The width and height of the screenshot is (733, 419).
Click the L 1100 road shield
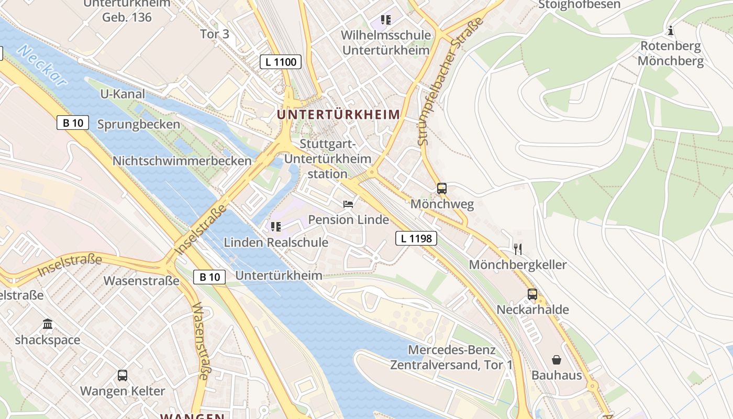pyautogui.click(x=281, y=62)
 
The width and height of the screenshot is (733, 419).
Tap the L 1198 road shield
pyautogui.click(x=416, y=239)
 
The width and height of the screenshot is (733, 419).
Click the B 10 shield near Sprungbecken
pyautogui.click(x=73, y=123)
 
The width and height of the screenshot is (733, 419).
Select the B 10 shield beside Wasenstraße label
pyautogui.click(x=209, y=277)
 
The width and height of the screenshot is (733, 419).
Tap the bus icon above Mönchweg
pyautogui.click(x=442, y=189)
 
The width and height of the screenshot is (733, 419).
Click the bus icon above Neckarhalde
pyautogui.click(x=532, y=294)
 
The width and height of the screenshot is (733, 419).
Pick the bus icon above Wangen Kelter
pyautogui.click(x=123, y=376)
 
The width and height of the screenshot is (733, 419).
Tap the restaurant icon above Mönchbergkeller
pyautogui.click(x=518, y=249)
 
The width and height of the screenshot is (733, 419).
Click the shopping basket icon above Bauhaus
pyautogui.click(x=557, y=360)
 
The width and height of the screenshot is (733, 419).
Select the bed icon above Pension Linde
pyautogui.click(x=348, y=204)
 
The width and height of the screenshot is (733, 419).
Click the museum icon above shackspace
pyautogui.click(x=48, y=324)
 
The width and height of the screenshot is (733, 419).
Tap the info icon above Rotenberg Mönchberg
pyautogui.click(x=671, y=30)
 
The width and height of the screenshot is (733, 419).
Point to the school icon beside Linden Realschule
pyautogui.click(x=276, y=227)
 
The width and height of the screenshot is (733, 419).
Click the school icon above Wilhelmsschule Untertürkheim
pyautogui.click(x=386, y=20)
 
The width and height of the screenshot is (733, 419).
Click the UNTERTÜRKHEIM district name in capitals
pyautogui.click(x=338, y=114)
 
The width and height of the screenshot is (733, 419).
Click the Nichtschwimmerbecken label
pyautogui.click(x=182, y=161)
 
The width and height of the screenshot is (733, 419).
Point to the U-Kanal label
pyautogui.click(x=122, y=94)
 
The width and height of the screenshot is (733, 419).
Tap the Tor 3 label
pyautogui.click(x=215, y=34)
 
